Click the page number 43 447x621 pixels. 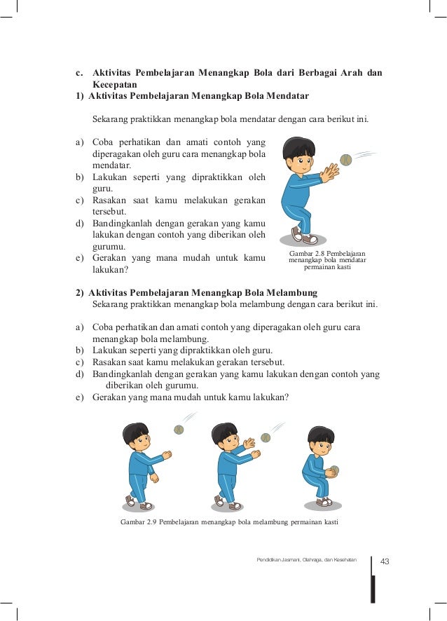click(x=385, y=561)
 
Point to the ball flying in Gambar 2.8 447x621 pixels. click(x=345, y=160)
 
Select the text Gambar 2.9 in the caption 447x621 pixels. click(x=138, y=522)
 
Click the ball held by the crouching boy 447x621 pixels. click(x=334, y=470)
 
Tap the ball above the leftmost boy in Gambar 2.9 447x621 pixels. click(x=179, y=430)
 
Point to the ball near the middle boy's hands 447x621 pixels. click(x=266, y=437)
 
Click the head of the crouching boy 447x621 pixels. click(x=321, y=439)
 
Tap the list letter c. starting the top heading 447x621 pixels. click(x=80, y=73)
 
